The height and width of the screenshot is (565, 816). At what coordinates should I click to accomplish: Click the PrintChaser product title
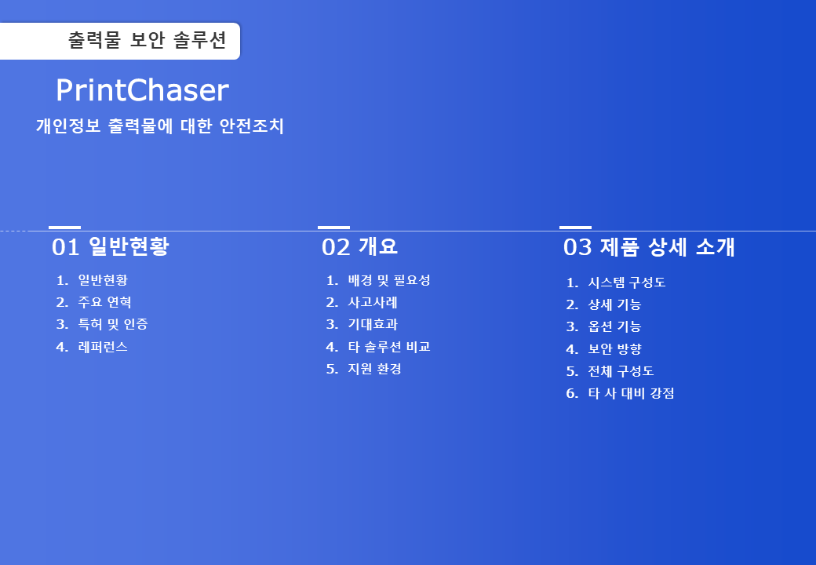click(x=142, y=90)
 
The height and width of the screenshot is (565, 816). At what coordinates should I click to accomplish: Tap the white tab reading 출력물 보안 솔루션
click(x=120, y=41)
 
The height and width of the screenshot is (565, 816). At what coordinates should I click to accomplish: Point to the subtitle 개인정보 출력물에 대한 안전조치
click(x=160, y=126)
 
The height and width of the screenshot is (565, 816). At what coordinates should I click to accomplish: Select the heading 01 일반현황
click(x=111, y=246)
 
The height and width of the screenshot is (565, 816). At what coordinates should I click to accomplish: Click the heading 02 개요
click(x=359, y=246)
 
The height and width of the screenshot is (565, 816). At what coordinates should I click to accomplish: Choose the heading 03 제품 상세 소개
click(x=649, y=246)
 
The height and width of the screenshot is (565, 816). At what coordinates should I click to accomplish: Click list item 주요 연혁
click(x=104, y=302)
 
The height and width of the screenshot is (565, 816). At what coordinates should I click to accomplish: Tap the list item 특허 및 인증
click(x=113, y=324)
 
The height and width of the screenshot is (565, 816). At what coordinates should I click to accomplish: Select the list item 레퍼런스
click(x=103, y=347)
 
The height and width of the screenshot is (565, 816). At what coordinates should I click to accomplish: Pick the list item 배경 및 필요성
click(x=389, y=280)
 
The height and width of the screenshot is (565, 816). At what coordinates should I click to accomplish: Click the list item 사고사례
click(x=373, y=302)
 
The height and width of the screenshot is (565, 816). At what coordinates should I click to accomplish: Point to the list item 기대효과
click(x=373, y=324)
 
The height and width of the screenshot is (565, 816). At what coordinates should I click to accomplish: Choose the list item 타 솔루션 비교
click(x=389, y=347)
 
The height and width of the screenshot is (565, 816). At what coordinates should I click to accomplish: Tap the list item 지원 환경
click(x=375, y=369)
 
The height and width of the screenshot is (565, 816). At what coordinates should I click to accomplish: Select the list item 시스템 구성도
click(x=627, y=282)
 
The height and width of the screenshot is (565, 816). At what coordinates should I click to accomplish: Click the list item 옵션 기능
click(x=614, y=326)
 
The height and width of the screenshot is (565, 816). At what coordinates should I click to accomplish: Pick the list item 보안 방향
click(x=614, y=348)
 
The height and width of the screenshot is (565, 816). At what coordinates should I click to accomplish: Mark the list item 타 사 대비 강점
click(x=632, y=393)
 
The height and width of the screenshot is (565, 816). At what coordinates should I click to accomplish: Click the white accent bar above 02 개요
click(x=333, y=228)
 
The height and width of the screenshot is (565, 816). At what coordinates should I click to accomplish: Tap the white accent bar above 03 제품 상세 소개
click(x=576, y=228)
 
